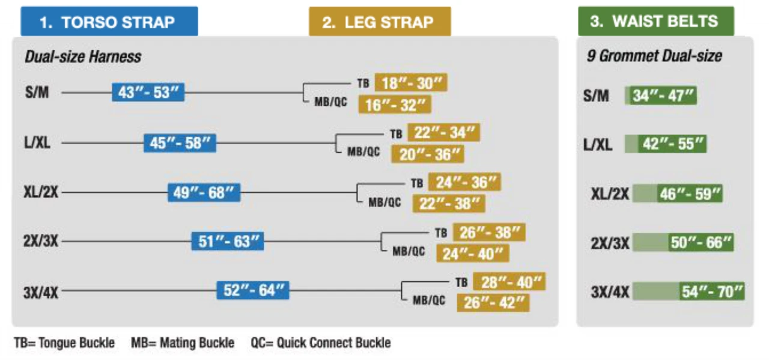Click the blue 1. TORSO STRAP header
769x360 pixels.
[109, 21]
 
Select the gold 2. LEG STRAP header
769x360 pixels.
[380, 21]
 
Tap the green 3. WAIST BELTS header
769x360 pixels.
[656, 21]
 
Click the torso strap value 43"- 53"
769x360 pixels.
[148, 92]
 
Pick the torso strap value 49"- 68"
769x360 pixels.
[204, 192]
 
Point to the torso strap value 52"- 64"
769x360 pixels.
[253, 290]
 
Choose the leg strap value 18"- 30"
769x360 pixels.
[411, 82]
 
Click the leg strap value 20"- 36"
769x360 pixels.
[428, 154]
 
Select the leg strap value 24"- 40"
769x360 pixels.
[473, 254]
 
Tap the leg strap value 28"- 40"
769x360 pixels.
[509, 282]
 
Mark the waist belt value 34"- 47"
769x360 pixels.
[661, 95]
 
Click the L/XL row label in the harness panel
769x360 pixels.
[37, 142]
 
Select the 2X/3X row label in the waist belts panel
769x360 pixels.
[610, 243]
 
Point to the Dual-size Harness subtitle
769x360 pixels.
[83, 56]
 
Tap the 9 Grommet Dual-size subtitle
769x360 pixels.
[654, 56]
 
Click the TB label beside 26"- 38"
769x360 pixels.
[441, 233]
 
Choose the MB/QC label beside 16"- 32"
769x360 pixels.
[330, 102]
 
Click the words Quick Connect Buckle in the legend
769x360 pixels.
[333, 343]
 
